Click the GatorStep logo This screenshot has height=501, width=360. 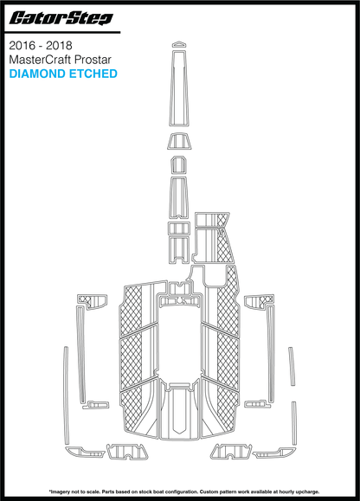pyautogui.click(x=61, y=18)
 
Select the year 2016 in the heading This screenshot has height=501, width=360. pyautogui.click(x=22, y=46)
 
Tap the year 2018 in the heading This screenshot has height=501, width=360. pyautogui.click(x=59, y=46)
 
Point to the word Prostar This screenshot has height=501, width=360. pyautogui.click(x=93, y=60)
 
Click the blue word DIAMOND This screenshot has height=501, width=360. pyautogui.click(x=37, y=74)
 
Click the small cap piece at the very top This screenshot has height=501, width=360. pyautogui.click(x=179, y=44)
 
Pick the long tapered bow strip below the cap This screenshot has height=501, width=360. pyautogui.click(x=179, y=87)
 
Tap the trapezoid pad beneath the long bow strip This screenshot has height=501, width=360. pyautogui.click(x=180, y=141)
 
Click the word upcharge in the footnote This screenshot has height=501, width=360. pyautogui.click(x=308, y=491)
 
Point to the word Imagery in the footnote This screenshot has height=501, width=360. pyautogui.click(x=59, y=491)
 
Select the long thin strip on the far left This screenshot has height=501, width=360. pyautogui.click(x=66, y=395)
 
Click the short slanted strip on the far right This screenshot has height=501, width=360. pyautogui.click(x=292, y=366)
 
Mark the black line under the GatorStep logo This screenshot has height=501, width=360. pyautogui.click(x=62, y=32)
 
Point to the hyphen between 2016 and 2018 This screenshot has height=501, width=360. pyautogui.click(x=41, y=47)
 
